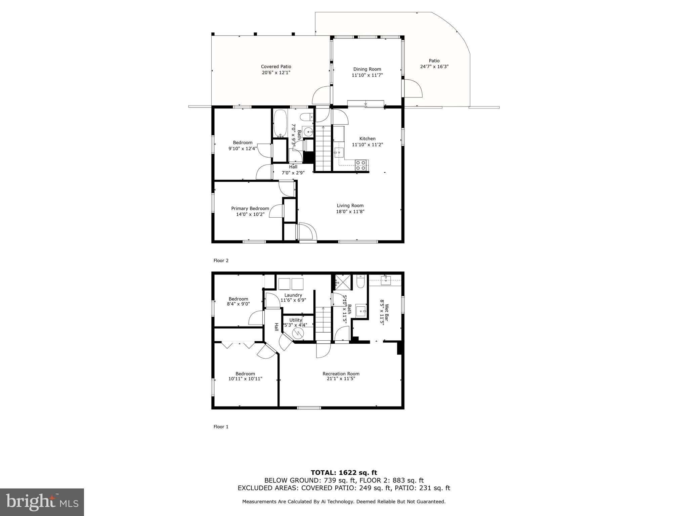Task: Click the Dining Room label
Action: [367, 69]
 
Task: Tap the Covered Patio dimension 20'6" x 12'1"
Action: [276, 73]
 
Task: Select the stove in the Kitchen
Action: [361, 165]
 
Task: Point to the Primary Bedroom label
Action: [250, 208]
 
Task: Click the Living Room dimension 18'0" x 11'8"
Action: [350, 212]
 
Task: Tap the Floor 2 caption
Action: [221, 260]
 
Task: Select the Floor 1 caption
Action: [221, 427]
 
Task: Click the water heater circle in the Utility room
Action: [298, 333]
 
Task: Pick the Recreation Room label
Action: [341, 374]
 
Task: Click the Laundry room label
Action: [293, 295]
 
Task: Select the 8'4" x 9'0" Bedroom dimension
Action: [238, 304]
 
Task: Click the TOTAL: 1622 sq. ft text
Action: [344, 473]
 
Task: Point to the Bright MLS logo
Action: [42, 502]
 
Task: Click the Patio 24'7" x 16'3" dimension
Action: [434, 67]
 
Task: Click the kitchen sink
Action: [339, 153]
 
